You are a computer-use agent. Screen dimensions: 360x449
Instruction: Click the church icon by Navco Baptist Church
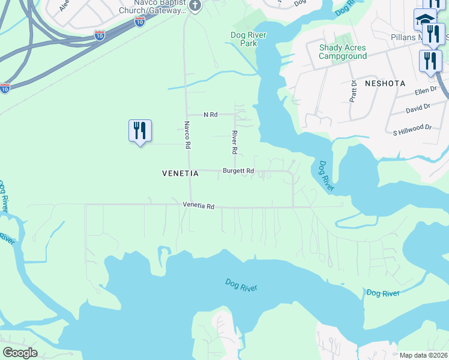(x=194, y=5)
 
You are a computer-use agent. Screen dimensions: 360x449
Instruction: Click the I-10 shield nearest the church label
(x=139, y=22)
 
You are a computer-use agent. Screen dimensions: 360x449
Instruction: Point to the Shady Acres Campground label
(x=342, y=52)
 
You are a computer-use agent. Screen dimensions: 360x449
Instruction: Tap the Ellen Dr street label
(x=427, y=92)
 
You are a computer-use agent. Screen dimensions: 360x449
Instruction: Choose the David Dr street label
(x=418, y=109)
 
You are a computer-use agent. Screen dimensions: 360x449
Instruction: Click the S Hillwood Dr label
(x=412, y=127)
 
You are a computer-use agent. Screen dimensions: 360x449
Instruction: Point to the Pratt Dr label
(x=353, y=91)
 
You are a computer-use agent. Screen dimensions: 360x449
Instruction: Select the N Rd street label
(x=210, y=114)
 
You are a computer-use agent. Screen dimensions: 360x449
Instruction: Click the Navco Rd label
(x=187, y=136)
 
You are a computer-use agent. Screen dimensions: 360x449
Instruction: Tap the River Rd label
(x=235, y=142)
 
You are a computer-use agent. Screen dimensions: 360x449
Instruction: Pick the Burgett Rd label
(x=238, y=171)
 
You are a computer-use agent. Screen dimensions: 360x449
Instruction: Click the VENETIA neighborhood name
(x=180, y=173)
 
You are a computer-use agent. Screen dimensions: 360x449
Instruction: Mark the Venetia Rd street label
(x=199, y=206)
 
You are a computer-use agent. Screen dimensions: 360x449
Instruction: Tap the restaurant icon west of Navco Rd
(x=140, y=131)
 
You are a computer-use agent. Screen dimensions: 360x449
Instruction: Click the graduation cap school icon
(x=424, y=20)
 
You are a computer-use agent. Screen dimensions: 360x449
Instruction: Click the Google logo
(x=20, y=353)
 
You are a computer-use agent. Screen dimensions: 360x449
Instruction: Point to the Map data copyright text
(x=423, y=355)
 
